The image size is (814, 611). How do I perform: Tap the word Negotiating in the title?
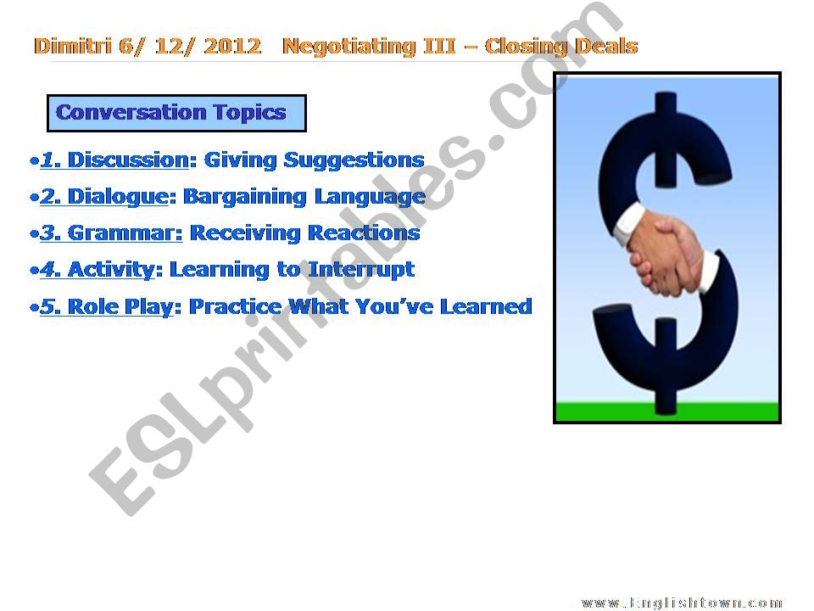coord(350,47)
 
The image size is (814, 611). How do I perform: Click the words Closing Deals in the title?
coord(561,47)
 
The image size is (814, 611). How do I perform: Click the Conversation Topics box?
coord(176,113)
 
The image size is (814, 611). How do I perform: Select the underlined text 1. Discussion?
coord(114,160)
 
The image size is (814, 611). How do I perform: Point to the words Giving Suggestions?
coord(315,160)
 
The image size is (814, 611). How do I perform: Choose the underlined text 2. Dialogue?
coord(104,196)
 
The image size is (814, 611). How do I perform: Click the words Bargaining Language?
coord(304,196)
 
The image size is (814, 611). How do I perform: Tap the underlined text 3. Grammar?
coord(111,233)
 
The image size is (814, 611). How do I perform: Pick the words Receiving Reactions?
coord(305,233)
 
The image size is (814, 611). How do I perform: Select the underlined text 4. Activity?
coord(98,270)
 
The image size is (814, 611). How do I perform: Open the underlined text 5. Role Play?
coord(107,306)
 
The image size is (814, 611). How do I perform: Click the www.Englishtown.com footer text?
coord(682,603)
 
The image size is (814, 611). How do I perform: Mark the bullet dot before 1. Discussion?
coord(33,160)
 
